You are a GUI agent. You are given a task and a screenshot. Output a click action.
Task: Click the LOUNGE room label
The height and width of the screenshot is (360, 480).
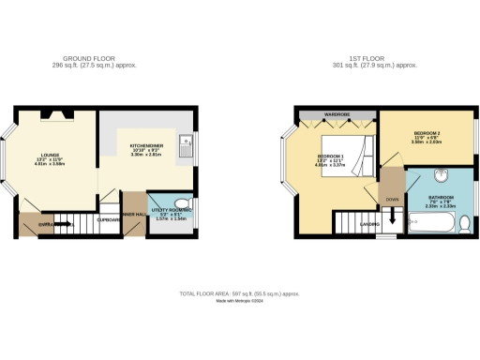[50, 157]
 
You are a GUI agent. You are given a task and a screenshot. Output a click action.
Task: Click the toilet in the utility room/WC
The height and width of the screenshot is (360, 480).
[183, 202]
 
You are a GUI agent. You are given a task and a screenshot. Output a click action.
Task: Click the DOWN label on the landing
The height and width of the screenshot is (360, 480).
[391, 199]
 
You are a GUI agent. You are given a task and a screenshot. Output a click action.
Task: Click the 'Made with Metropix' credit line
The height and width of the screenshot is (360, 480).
[240, 302]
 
